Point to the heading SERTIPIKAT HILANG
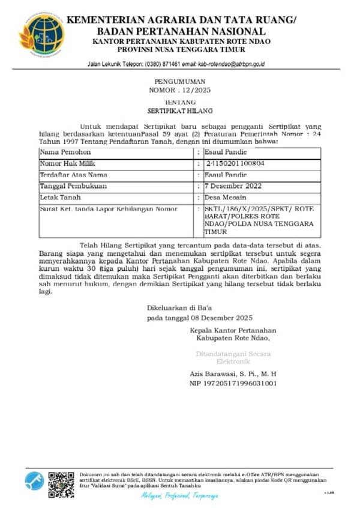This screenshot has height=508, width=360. point(180,112)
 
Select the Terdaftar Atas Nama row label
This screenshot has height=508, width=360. point(69,175)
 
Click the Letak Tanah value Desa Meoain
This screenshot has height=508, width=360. point(227,197)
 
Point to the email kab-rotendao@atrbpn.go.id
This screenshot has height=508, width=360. point(231,63)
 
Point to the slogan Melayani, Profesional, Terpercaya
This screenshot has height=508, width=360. point(180,496)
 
